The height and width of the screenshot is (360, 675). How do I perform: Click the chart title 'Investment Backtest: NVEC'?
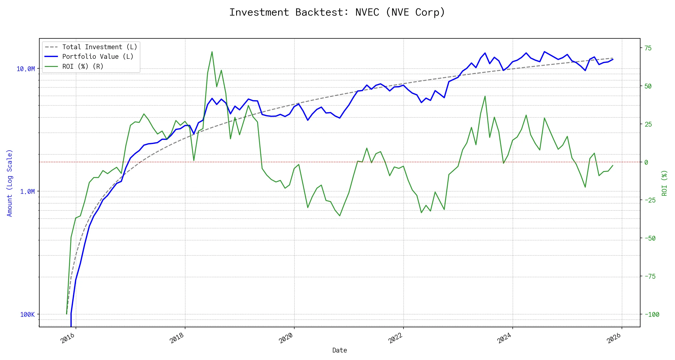pyautogui.click(x=337, y=12)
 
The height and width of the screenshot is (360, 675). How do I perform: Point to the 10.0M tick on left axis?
pyautogui.click(x=25, y=69)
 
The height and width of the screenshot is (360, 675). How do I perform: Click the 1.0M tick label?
pyautogui.click(x=27, y=191)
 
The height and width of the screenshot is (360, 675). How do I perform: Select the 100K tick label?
pyautogui.click(x=27, y=314)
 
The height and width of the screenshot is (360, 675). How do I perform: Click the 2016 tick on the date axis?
pyautogui.click(x=68, y=338)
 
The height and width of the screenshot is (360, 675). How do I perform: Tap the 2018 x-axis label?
pyautogui.click(x=177, y=338)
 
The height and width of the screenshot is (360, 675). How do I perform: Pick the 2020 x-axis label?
pyautogui.click(x=286, y=338)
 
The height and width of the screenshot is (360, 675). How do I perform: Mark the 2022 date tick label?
pyautogui.click(x=395, y=338)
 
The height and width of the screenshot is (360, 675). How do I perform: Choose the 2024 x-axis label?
pyautogui.click(x=505, y=338)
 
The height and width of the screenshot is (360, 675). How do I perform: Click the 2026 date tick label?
pyautogui.click(x=614, y=338)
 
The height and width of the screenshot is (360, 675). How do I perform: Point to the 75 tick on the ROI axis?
pyautogui.click(x=648, y=48)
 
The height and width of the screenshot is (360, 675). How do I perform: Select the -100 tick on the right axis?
pyautogui.click(x=652, y=314)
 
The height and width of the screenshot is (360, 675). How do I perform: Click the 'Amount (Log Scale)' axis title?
pyautogui.click(x=10, y=183)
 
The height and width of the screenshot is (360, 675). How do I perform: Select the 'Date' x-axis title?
pyautogui.click(x=340, y=350)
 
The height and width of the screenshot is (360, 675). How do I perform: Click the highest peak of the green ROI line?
pyautogui.click(x=212, y=52)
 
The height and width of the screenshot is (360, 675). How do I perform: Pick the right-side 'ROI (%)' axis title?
pyautogui.click(x=664, y=183)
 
